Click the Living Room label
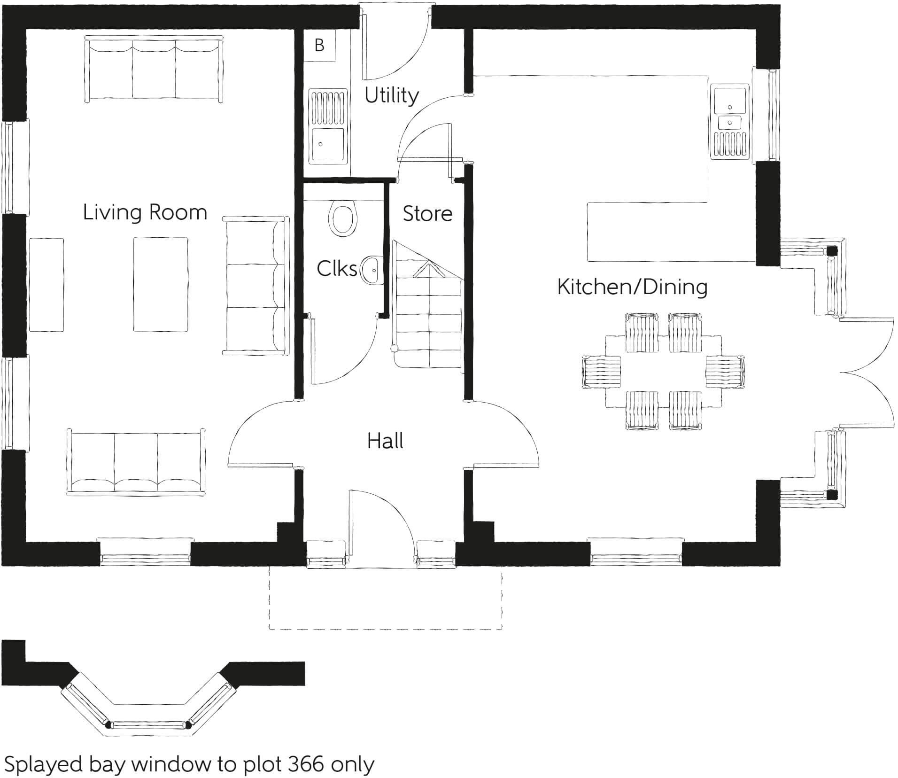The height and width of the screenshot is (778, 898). (x=145, y=212)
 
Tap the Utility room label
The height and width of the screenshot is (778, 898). (x=391, y=95)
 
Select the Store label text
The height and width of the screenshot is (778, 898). (x=427, y=214)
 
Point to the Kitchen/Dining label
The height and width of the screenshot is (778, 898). (x=632, y=287)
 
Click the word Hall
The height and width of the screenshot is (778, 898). (x=385, y=441)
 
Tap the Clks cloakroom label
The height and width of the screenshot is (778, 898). (x=337, y=269)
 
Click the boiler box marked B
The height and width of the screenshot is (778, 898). (x=319, y=46)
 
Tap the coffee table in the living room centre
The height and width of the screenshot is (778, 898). (x=161, y=284)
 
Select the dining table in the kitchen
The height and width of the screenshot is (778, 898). (x=663, y=371)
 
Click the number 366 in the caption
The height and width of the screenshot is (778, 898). (x=305, y=764)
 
